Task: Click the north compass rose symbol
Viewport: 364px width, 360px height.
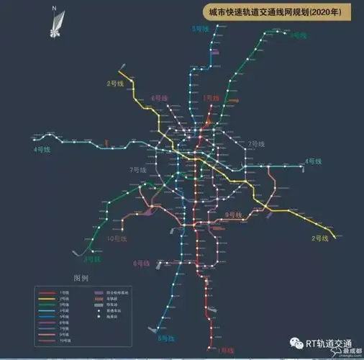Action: [55, 21]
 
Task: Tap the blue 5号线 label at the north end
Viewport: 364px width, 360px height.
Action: [201, 28]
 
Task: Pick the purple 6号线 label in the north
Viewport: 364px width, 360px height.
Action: [160, 98]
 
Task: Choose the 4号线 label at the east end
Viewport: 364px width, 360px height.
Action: [313, 161]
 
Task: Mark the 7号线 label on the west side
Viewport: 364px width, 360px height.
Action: [137, 170]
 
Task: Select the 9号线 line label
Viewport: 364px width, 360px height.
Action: [234, 215]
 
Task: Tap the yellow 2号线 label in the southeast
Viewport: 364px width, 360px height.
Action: [319, 238]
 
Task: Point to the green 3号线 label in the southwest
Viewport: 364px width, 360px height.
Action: [91, 259]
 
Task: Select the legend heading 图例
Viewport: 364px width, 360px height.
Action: [79, 278]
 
